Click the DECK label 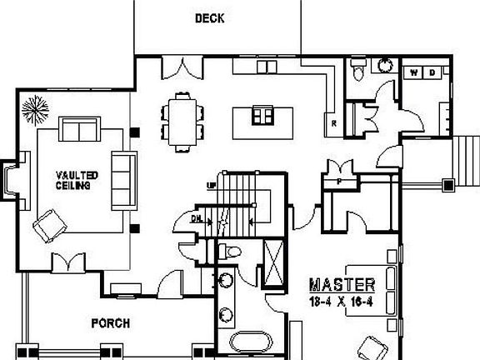[x=210, y=17]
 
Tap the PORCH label [x=110, y=323]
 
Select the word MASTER [x=342, y=284]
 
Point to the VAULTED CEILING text [x=77, y=180]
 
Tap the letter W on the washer [x=414, y=72]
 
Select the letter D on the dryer [x=431, y=72]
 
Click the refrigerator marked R [x=333, y=123]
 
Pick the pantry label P [x=340, y=180]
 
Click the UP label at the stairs [x=210, y=185]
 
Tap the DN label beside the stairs [x=196, y=217]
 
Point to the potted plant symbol [x=36, y=109]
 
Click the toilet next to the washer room [x=357, y=72]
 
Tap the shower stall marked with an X [x=272, y=261]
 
